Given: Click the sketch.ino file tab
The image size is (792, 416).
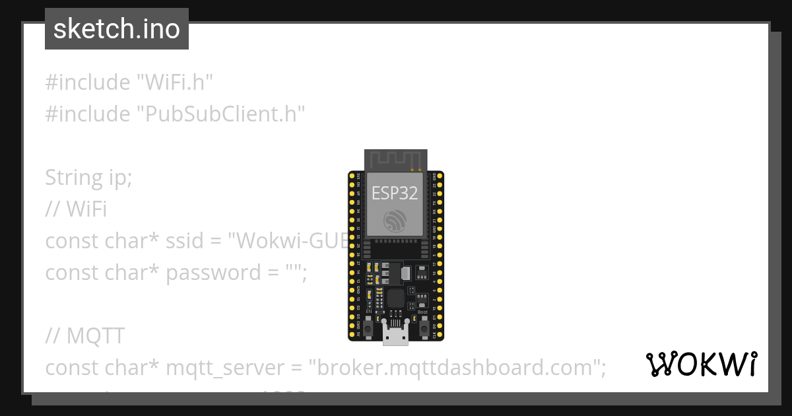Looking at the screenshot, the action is pos(117,29).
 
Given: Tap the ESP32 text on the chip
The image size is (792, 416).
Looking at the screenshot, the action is pos(395,193).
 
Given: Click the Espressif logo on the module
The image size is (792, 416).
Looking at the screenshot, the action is pos(395,221).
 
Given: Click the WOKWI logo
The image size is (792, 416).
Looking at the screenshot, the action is pos(701,364).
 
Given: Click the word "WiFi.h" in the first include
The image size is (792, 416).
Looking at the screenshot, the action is pos(175,83).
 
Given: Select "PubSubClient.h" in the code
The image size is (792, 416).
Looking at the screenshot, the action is pos(221,114).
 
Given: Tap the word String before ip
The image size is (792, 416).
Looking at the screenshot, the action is pos(72,178).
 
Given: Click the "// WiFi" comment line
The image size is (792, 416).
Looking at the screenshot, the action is pos(76,209).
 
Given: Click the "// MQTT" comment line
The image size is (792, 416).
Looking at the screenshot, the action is pos(84,336).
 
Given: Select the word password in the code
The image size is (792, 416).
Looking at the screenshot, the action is pos(204,273).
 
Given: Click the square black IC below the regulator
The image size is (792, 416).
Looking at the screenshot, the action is pos(395,297).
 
